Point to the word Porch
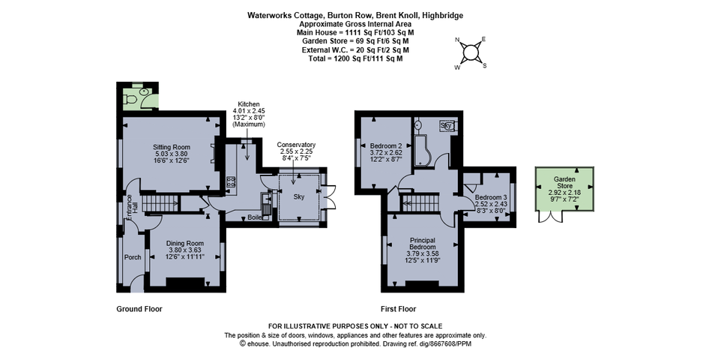(x=132, y=257)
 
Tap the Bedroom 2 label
(x=385, y=145)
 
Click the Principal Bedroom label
(x=423, y=243)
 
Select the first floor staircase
(x=421, y=202)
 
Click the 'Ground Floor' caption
(x=139, y=309)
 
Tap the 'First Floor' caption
(x=398, y=309)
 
